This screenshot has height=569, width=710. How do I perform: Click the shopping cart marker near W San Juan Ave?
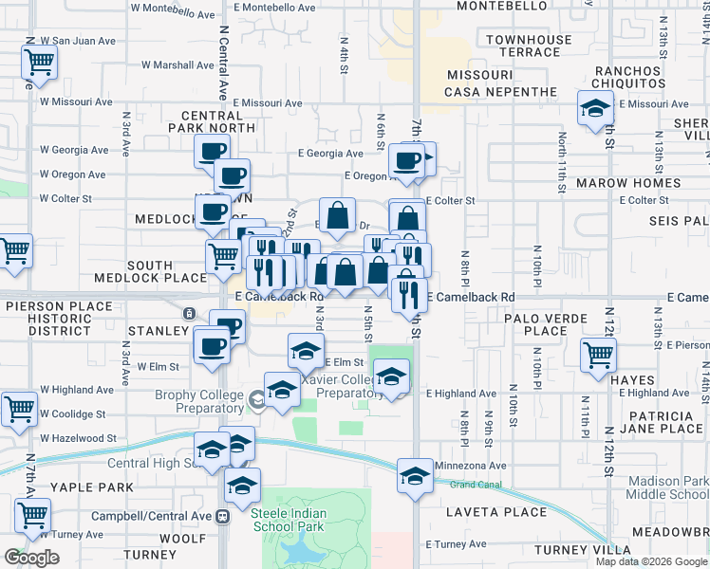point(40,64)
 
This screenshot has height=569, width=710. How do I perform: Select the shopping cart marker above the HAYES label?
point(599,356)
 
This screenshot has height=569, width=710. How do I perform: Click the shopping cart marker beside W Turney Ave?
point(33,515)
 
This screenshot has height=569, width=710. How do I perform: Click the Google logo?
point(32,558)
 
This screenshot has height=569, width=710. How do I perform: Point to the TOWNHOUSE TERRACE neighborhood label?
point(530,46)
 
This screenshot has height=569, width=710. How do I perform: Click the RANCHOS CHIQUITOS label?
point(626,78)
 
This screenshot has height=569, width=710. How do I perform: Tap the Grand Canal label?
point(475,485)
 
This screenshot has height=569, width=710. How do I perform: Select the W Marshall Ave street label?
point(178,65)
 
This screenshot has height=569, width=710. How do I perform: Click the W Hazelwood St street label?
point(78,438)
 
